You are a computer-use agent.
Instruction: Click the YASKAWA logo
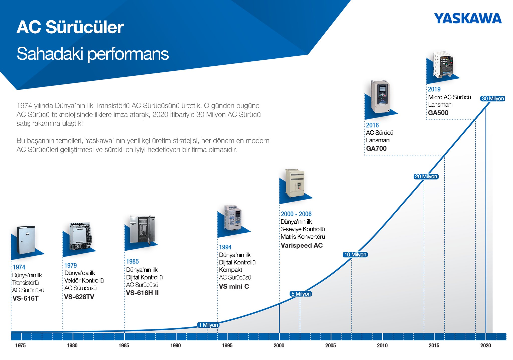coord(468,19)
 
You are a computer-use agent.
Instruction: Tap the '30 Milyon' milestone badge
coord(492,99)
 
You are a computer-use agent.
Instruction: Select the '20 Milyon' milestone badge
coord(426,176)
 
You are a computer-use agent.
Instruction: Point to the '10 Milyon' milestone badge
coord(355,255)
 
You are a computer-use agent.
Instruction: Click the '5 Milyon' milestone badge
coord(301,294)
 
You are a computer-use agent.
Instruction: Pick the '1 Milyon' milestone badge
coord(208,325)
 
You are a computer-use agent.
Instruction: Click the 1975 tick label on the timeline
coord(20,345)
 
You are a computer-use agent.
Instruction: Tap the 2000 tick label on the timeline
coord(279,345)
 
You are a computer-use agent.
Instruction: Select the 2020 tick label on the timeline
coord(485,345)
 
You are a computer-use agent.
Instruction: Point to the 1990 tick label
coord(175,345)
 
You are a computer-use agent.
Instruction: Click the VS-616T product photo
coord(26,240)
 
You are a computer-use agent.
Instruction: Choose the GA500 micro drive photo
coord(443,64)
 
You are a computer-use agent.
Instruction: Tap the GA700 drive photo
coord(380,97)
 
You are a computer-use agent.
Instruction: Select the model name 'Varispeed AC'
coord(302,245)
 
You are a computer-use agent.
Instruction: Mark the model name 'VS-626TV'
coord(79,297)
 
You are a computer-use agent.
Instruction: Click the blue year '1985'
coord(132,261)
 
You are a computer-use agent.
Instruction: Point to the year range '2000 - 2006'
coord(296,214)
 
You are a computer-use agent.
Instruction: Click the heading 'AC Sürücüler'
coord(70,27)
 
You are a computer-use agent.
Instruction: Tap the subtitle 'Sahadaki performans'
coord(93,54)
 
